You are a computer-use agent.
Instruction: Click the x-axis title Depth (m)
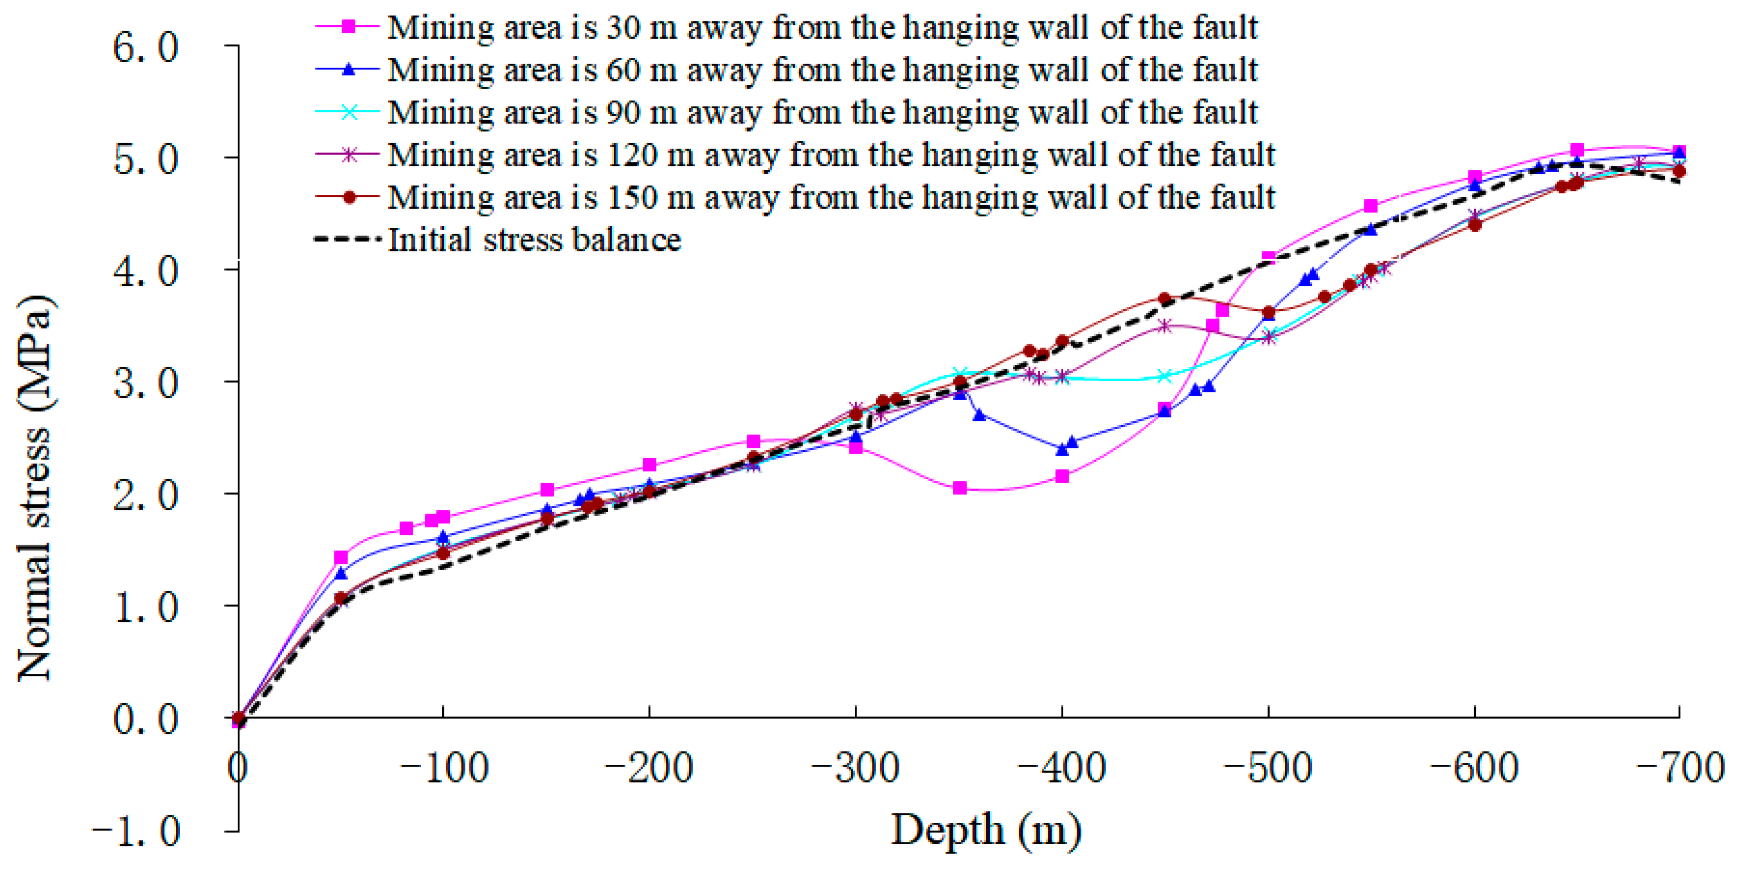[x=986, y=831]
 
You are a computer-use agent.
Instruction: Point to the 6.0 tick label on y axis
[x=145, y=49]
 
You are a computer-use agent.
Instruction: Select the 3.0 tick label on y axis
[x=145, y=384]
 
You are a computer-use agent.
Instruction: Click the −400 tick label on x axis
[x=1061, y=769]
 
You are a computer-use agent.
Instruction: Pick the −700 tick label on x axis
[x=1680, y=769]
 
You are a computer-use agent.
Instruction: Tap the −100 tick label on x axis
[x=444, y=769]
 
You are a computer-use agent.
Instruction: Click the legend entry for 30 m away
[x=822, y=27]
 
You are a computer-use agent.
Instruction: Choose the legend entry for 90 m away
[x=822, y=112]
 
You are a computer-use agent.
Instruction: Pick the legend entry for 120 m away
[x=830, y=155]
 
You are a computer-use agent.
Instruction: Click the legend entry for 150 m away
[x=830, y=197]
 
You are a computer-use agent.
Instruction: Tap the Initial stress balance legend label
[x=534, y=240]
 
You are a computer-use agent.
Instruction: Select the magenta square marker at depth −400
[x=1063, y=476]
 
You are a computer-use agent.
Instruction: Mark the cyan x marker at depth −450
[x=1164, y=376]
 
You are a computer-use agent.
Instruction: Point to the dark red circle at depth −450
[x=1164, y=298]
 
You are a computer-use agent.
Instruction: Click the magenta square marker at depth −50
[x=341, y=558]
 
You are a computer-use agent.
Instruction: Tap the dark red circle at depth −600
[x=1476, y=225]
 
